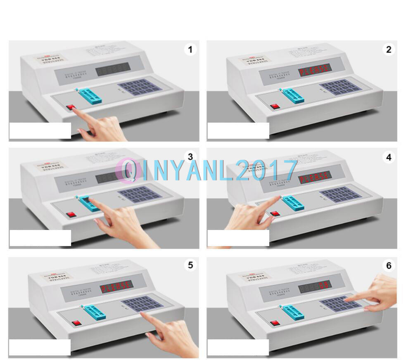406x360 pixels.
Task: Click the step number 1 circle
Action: [190, 50]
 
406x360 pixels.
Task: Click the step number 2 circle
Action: [388, 50]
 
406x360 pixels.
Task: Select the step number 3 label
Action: [190, 157]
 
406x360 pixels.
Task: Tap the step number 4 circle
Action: [388, 157]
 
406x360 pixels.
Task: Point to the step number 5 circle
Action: [190, 265]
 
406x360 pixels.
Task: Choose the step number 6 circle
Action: [388, 265]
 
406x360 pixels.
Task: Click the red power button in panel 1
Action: [71, 107]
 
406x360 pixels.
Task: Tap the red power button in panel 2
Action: [275, 106]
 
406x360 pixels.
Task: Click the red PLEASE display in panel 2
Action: [315, 70]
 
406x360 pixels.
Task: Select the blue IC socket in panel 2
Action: [293, 96]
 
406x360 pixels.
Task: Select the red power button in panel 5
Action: [76, 323]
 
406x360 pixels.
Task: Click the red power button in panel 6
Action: [275, 323]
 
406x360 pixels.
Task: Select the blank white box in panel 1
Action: [40, 130]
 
